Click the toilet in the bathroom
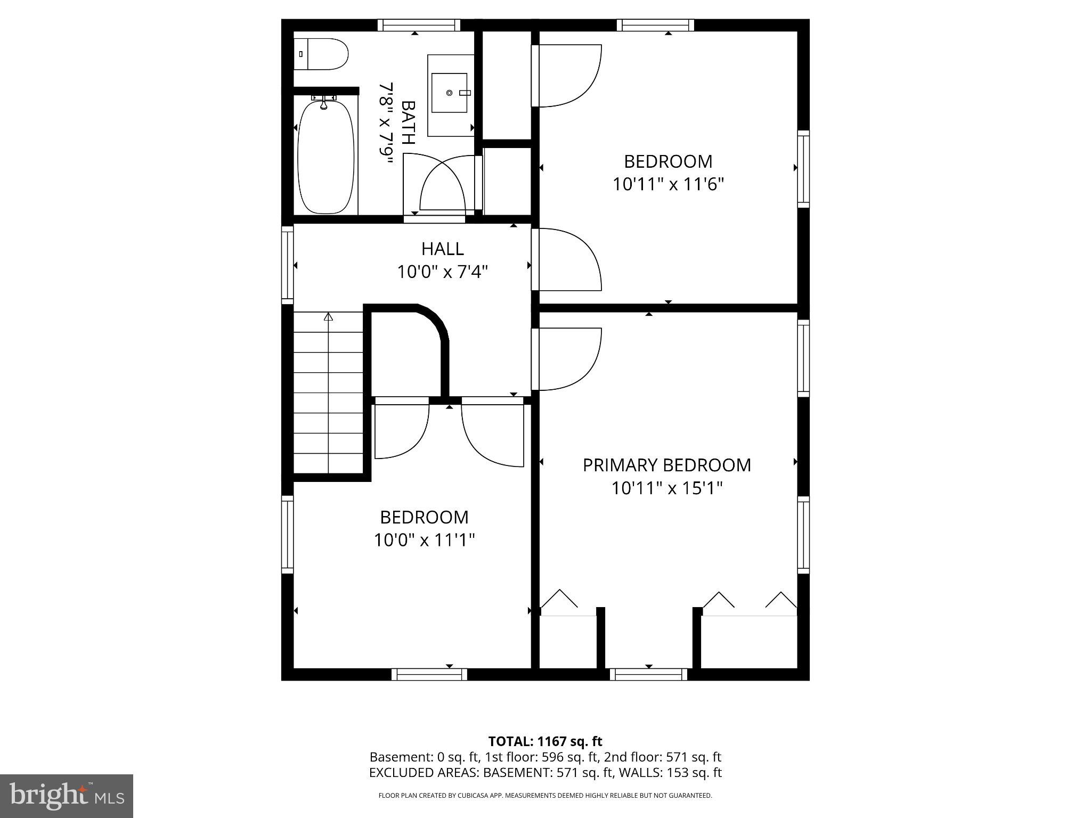(321, 54)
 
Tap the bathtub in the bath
(325, 157)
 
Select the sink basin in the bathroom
(449, 93)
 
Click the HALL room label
(442, 249)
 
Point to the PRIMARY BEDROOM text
(666, 465)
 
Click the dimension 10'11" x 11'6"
(668, 185)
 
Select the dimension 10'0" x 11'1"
(424, 541)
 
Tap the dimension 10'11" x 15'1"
(666, 488)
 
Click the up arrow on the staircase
(329, 317)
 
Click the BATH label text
(408, 122)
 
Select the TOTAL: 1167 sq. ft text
(545, 741)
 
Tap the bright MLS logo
(67, 796)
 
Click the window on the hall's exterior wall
(287, 265)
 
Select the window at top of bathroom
(419, 25)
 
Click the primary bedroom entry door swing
(567, 359)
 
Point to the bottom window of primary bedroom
(648, 674)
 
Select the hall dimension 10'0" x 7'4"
(442, 272)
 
